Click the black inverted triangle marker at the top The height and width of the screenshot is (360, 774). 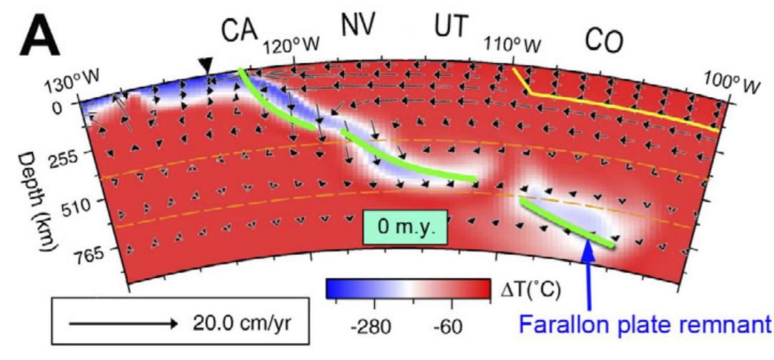pyautogui.click(x=206, y=66)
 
